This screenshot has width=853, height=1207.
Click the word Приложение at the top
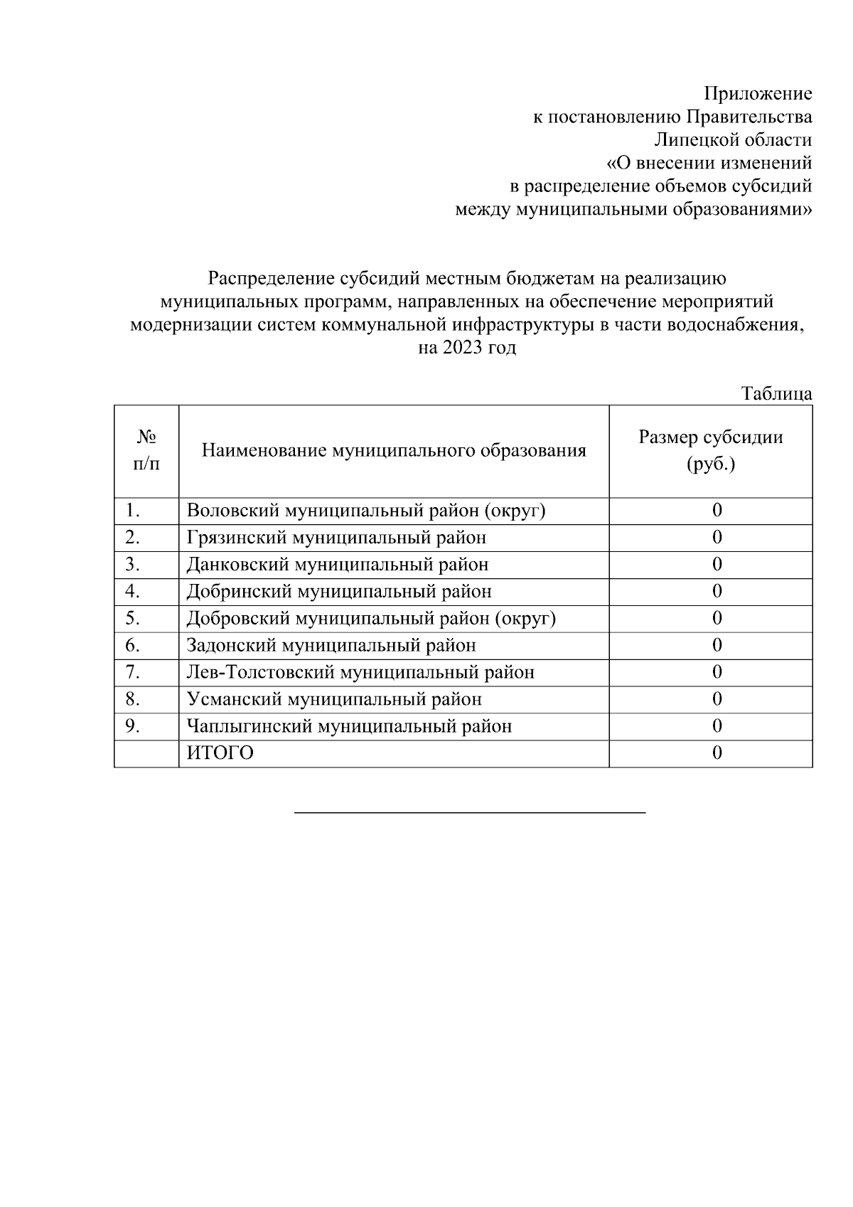coord(758,94)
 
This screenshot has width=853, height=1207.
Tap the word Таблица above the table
coord(776,393)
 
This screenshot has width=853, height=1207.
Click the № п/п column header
coord(146,451)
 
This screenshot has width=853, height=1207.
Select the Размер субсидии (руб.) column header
coord(710,451)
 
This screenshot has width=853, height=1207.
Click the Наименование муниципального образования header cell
coord(394,451)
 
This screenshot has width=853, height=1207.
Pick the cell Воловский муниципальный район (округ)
coord(366,511)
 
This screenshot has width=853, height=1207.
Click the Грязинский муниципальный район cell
coord(336,538)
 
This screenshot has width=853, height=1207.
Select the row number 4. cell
coord(133,592)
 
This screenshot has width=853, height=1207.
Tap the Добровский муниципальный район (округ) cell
coord(371,619)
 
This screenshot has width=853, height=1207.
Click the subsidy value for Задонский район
coord(717,646)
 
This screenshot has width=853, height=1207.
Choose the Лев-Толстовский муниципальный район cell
coord(360,673)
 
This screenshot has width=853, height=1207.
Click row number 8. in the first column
coord(133,700)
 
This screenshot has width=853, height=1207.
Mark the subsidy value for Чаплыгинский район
coord(717,727)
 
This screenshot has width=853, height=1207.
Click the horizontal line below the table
coord(470,812)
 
